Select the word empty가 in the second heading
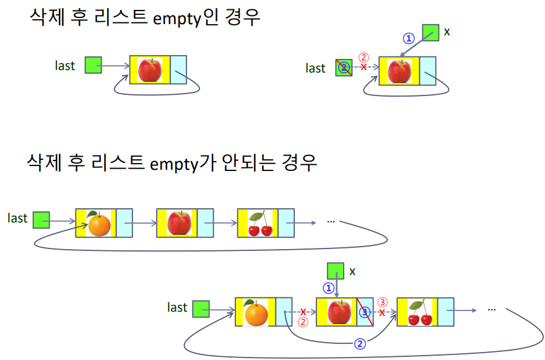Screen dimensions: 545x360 (x=178, y=162)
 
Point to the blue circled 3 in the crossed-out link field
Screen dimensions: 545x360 (x=365, y=312)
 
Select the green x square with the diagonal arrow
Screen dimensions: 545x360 (x=430, y=33)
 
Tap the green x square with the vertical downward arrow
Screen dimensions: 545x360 (x=335, y=271)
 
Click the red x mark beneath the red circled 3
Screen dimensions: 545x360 (x=382, y=313)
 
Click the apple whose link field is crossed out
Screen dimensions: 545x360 (x=339, y=312)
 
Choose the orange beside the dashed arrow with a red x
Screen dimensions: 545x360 (x=256, y=313)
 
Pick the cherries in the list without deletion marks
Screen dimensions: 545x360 (x=259, y=224)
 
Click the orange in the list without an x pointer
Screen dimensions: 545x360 (x=98, y=224)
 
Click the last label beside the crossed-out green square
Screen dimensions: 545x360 (x=315, y=68)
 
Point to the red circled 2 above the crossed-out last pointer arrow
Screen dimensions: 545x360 (x=364, y=57)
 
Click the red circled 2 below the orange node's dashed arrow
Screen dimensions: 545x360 (x=303, y=322)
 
